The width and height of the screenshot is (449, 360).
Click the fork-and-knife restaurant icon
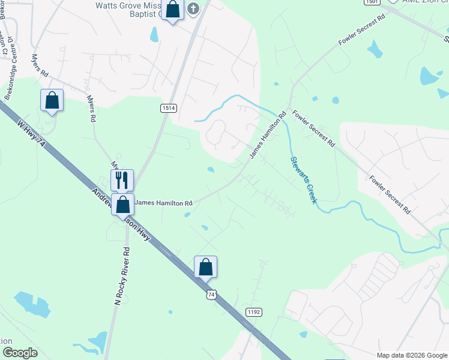tap(122, 179)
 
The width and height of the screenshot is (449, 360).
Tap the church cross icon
tap(193, 8)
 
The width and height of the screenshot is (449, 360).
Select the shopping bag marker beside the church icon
tap(172, 10)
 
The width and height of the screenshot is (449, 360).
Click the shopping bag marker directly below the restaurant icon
tap(123, 205)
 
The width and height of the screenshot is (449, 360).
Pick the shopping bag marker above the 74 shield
tap(205, 266)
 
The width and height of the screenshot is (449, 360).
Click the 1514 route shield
tap(168, 107)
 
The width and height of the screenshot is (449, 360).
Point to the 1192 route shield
tap(254, 312)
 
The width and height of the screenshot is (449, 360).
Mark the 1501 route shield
tap(372, 2)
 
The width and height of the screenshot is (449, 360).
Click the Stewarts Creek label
tap(303, 179)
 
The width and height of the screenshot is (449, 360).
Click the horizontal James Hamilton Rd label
tap(163, 203)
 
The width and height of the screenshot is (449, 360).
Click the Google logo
tap(20, 353)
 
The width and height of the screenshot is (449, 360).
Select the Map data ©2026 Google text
tap(411, 355)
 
